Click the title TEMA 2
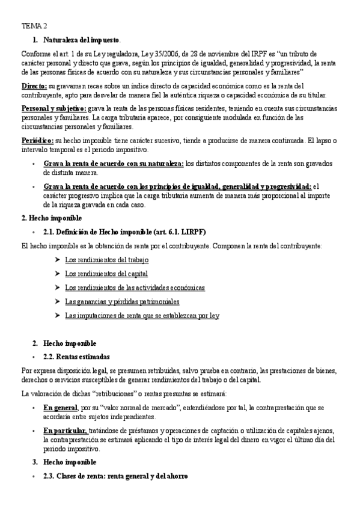point(33,26)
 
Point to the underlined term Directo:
point(34,87)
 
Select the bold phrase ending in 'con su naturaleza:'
point(114,163)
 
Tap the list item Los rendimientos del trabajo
point(106,260)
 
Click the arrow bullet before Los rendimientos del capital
point(56,274)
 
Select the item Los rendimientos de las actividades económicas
point(135,287)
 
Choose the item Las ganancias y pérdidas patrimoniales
point(122,301)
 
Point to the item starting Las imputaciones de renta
point(142,315)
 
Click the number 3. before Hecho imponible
point(34,462)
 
